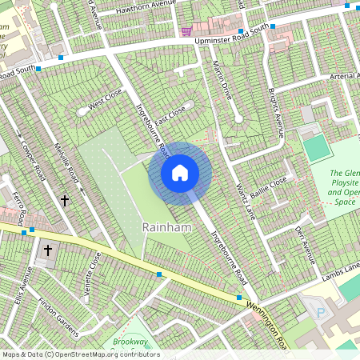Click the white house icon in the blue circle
[x=180, y=173]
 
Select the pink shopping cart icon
[x=186, y=31]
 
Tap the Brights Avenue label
[x=276, y=111]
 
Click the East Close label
[x=170, y=115]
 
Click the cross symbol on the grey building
[x=47, y=250]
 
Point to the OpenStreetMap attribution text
[x=80, y=354]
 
